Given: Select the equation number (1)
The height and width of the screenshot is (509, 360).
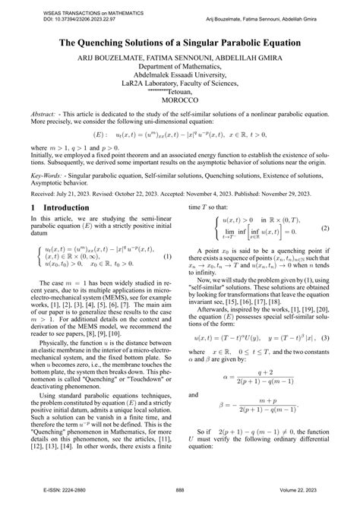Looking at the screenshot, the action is (x=168, y=255).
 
